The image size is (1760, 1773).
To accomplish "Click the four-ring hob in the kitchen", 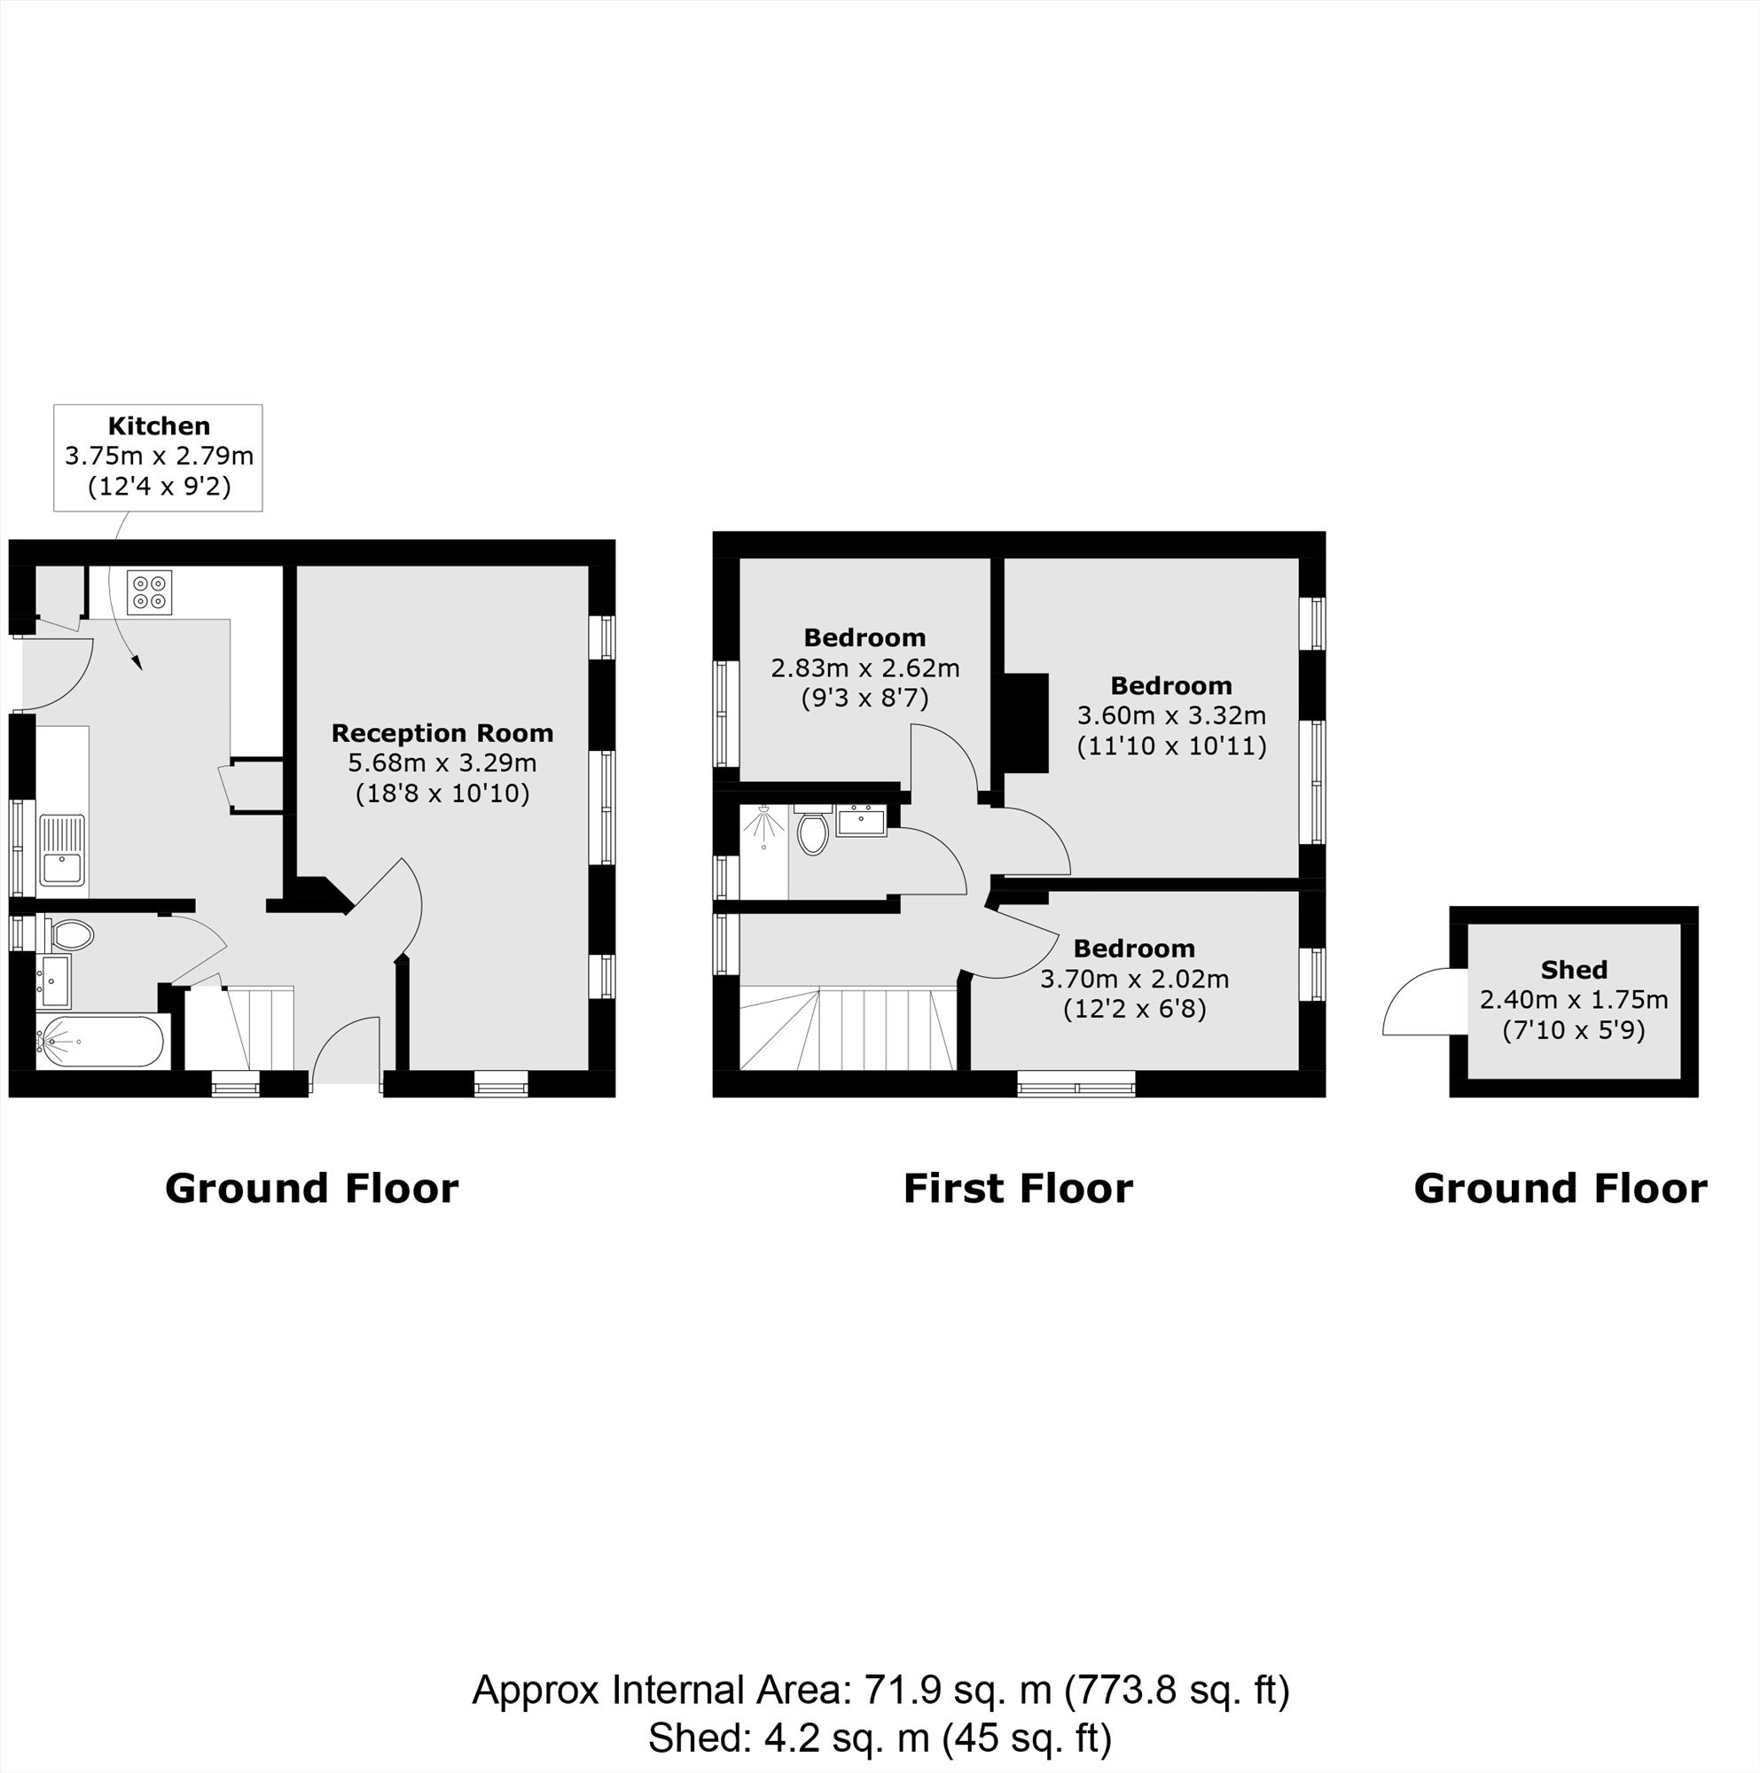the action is tap(150, 592).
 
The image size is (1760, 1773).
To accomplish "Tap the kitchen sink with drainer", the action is tap(61, 851).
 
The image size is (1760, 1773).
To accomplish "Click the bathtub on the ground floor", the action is tap(100, 1042).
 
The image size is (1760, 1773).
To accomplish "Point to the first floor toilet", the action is tap(813, 830).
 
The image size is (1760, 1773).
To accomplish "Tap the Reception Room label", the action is tap(442, 733).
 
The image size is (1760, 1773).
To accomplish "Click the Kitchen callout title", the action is tap(159, 426).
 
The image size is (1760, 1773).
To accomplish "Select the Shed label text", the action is tap(1574, 970).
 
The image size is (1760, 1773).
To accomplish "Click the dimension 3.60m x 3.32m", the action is tap(1172, 715).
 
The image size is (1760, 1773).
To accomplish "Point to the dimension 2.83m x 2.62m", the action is tap(865, 668).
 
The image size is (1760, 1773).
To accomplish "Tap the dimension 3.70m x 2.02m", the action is tap(1134, 980).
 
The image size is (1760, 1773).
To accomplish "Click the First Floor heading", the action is tap(1018, 1189).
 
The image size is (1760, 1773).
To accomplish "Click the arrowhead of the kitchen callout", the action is tap(137, 662).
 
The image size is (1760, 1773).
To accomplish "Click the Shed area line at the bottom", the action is tap(880, 1738).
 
